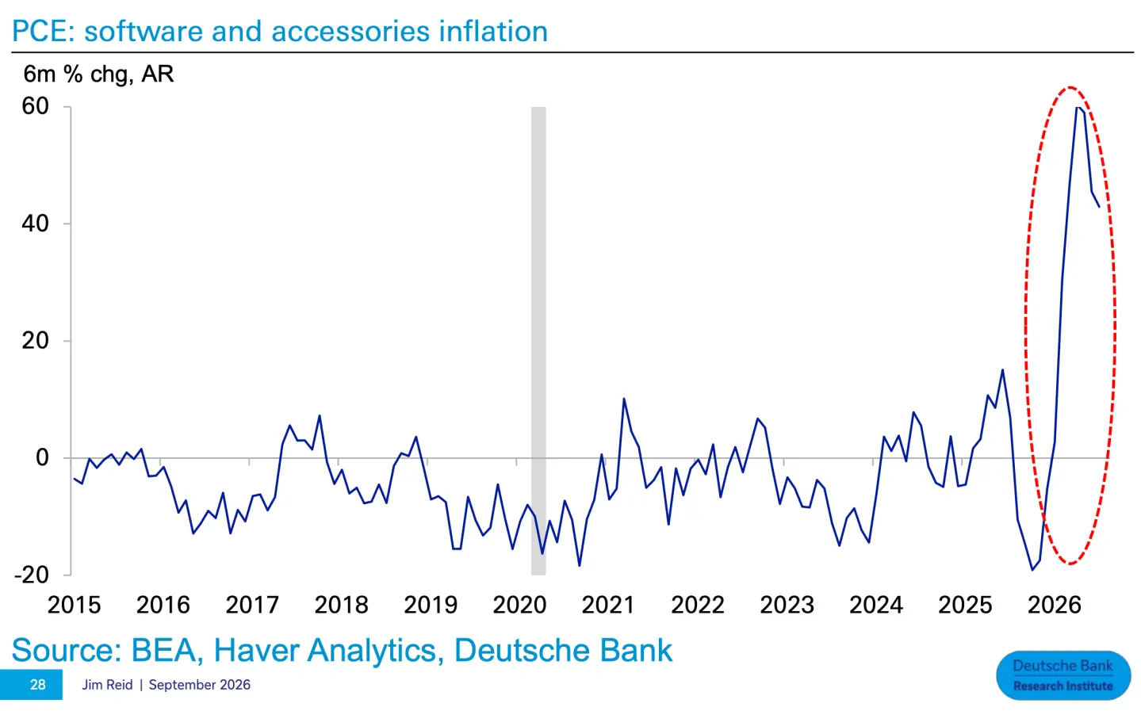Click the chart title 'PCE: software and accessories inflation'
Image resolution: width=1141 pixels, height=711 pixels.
pyautogui.click(x=280, y=31)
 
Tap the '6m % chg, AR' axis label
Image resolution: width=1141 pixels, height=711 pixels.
pyautogui.click(x=98, y=75)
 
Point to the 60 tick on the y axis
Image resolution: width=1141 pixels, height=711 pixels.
pyautogui.click(x=35, y=106)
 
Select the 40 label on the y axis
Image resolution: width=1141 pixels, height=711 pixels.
pyautogui.click(x=35, y=224)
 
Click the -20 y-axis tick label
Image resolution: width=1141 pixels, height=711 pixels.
pyautogui.click(x=32, y=575)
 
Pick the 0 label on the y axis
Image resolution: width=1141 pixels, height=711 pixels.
pyautogui.click(x=42, y=458)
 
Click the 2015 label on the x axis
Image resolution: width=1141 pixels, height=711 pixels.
pyautogui.click(x=75, y=606)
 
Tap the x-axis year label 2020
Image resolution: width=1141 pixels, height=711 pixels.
pyautogui.click(x=519, y=606)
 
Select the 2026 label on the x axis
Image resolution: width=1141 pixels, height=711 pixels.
pyautogui.click(x=1055, y=606)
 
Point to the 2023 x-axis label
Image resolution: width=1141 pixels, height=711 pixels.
pyautogui.click(x=787, y=606)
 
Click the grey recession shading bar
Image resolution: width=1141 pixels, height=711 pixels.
pyautogui.click(x=538, y=341)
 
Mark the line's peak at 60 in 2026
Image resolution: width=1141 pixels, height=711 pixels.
pyautogui.click(x=1078, y=108)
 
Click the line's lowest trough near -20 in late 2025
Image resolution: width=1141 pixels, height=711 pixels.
pyautogui.click(x=1032, y=570)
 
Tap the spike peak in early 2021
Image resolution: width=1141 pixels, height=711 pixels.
pyautogui.click(x=623, y=399)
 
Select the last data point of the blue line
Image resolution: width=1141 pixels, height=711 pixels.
pyautogui.click(x=1099, y=207)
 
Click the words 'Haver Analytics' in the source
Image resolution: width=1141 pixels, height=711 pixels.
pyautogui.click(x=325, y=651)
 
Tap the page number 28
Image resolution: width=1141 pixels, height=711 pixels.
pyautogui.click(x=38, y=685)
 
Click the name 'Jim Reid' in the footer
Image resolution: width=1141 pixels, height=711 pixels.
pyautogui.click(x=107, y=685)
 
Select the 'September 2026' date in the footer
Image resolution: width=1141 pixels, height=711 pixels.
pyautogui.click(x=200, y=685)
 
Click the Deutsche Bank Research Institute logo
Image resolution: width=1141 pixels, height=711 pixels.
pyautogui.click(x=1063, y=675)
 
